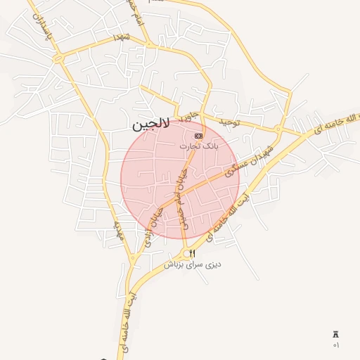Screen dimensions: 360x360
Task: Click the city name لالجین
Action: (150, 126)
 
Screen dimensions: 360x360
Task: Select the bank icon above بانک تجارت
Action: (198, 136)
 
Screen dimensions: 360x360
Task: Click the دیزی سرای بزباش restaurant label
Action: (193, 264)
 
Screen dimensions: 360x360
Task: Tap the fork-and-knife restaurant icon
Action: (193, 253)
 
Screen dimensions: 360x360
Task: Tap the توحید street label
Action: (229, 122)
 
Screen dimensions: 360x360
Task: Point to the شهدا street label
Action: (121, 36)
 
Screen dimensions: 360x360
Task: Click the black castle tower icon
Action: (335, 335)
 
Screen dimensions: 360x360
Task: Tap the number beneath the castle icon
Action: (335, 345)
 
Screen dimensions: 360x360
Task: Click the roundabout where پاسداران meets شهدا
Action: (60, 58)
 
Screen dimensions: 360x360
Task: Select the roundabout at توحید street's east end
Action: (279, 131)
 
